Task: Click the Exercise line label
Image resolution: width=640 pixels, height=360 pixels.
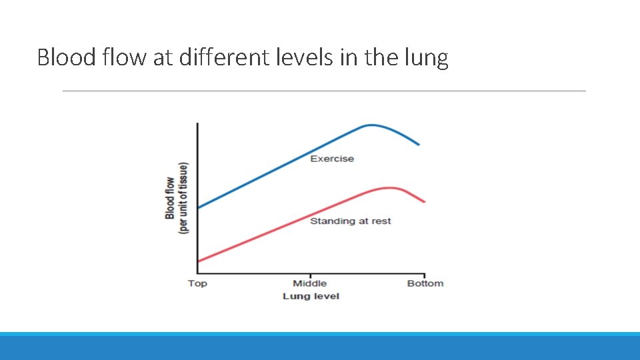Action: (332, 159)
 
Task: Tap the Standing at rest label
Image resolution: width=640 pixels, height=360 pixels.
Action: (350, 221)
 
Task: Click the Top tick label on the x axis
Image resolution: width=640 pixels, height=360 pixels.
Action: (197, 283)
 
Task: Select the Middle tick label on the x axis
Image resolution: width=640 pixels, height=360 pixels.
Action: (310, 283)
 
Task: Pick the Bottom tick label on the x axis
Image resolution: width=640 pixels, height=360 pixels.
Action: (425, 283)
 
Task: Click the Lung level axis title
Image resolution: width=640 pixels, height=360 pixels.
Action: (311, 296)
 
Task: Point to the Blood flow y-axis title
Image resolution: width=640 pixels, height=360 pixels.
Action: (176, 197)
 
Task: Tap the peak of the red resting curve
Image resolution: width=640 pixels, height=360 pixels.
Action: (391, 187)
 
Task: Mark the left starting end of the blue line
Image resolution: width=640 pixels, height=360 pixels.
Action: (198, 207)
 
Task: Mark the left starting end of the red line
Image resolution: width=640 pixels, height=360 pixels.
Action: (198, 262)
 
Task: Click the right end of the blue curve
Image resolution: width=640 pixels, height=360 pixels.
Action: (419, 144)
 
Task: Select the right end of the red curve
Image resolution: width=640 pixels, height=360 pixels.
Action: (424, 201)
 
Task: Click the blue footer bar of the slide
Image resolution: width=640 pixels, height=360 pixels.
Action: (320, 347)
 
